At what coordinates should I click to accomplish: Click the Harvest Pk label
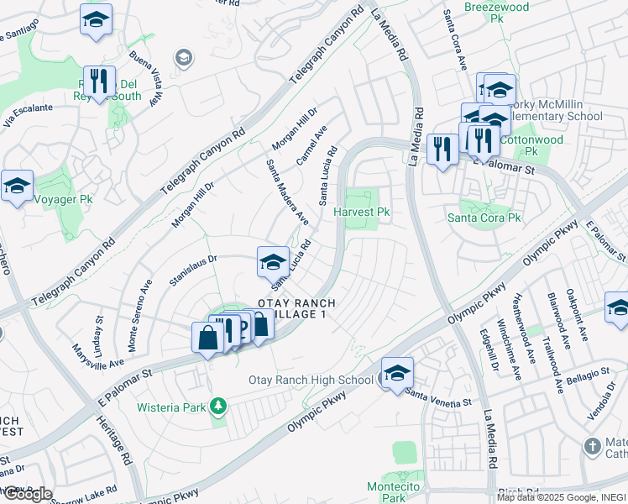click(x=363, y=213)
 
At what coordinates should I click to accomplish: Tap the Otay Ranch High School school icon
click(x=397, y=372)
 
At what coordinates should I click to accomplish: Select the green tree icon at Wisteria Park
click(x=219, y=407)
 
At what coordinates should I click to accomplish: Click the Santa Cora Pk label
click(x=484, y=218)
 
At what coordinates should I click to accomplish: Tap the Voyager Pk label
click(x=63, y=199)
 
